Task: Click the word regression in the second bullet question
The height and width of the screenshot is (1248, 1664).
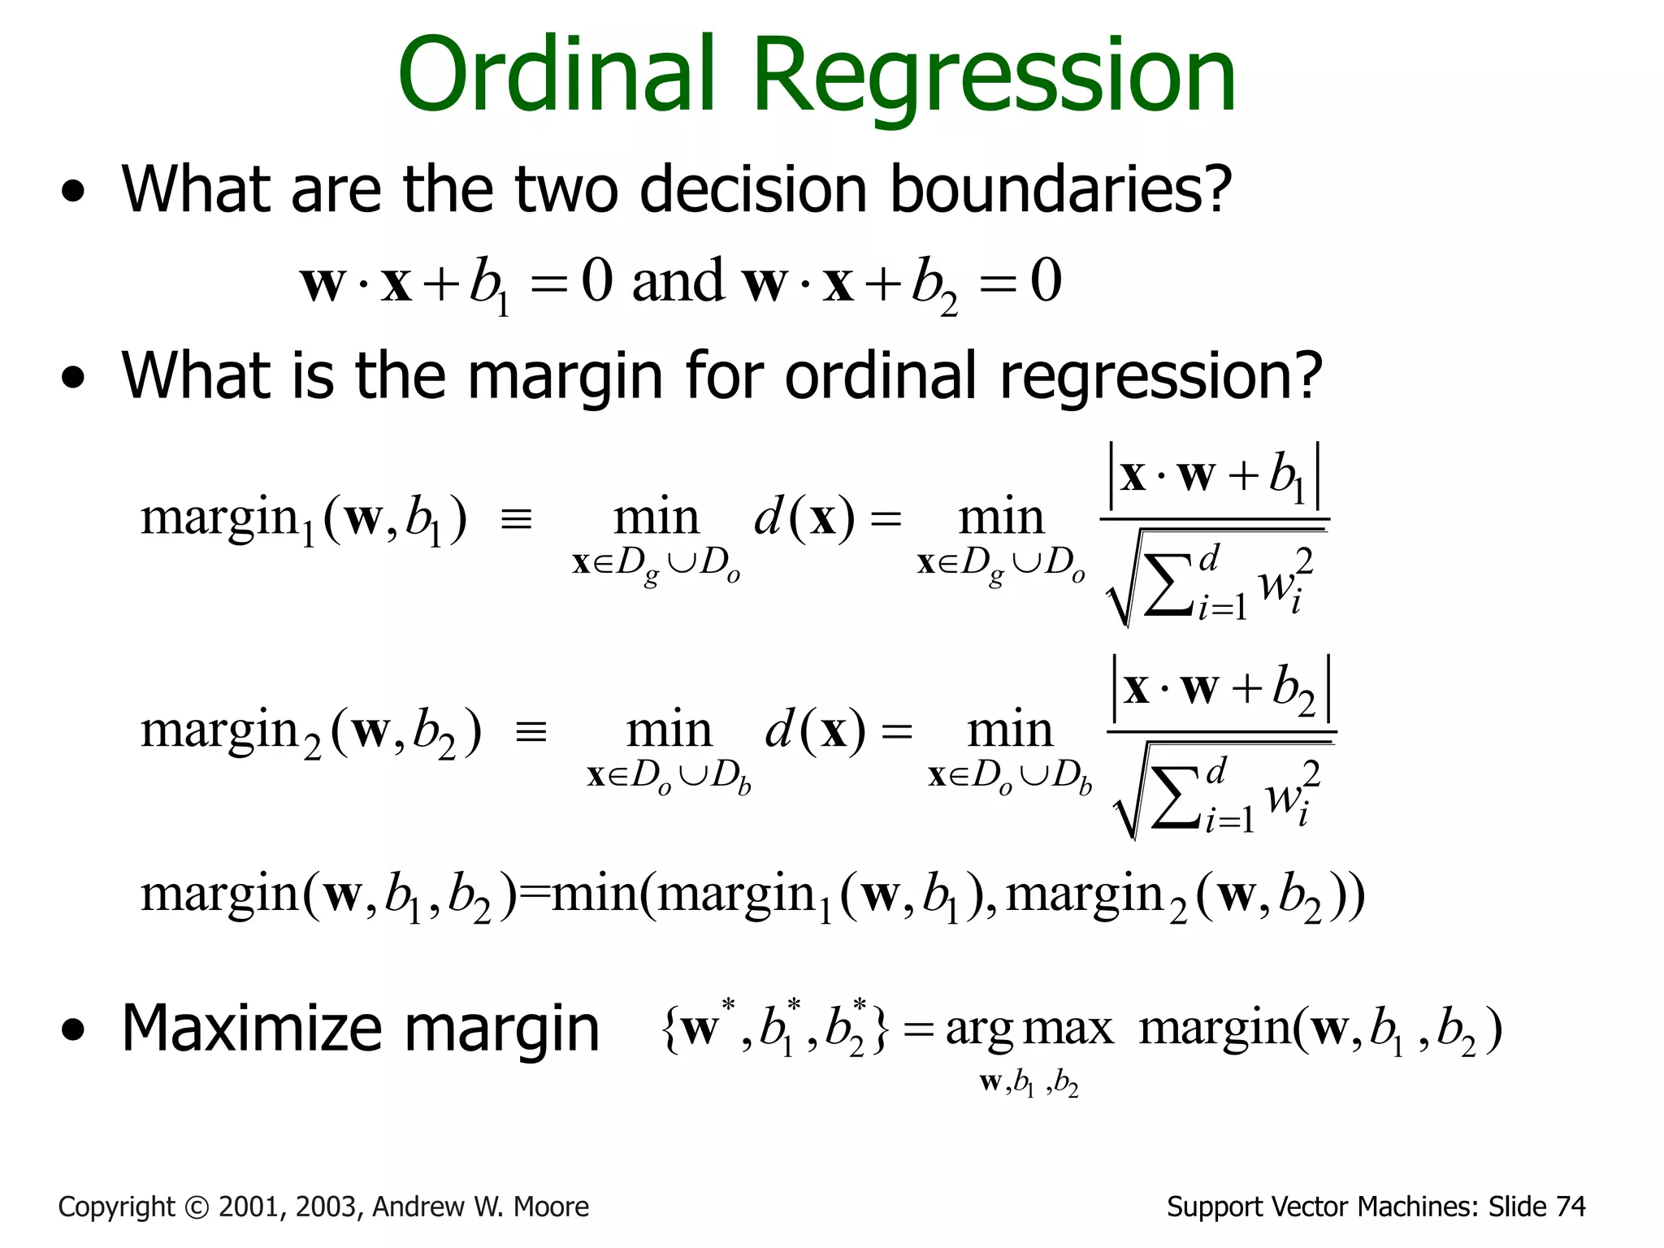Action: [1161, 379]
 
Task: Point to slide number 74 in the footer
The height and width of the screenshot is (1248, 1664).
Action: [1571, 1207]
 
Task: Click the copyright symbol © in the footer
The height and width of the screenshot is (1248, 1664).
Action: [197, 1208]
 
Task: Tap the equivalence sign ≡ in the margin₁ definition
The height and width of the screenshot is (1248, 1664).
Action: [517, 519]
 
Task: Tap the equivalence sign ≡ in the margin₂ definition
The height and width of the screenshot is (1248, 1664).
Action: [531, 732]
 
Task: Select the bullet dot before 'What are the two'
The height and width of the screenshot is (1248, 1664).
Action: [73, 193]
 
